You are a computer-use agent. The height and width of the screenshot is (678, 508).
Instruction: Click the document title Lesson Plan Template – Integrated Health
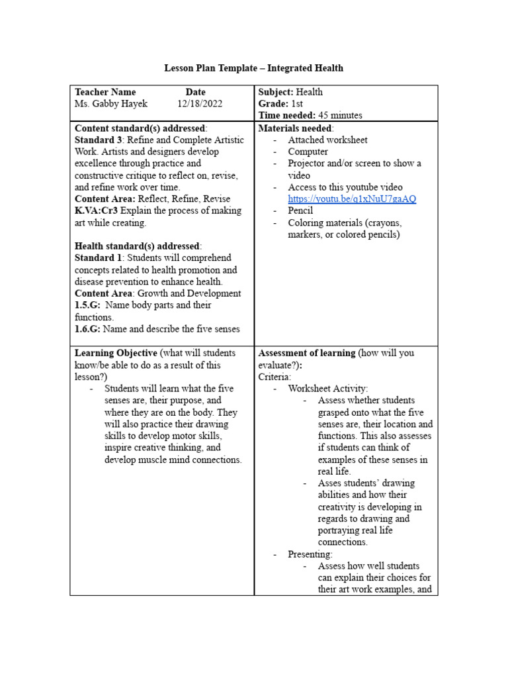pos(254,68)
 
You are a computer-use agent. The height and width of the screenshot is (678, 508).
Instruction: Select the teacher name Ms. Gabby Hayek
pos(111,104)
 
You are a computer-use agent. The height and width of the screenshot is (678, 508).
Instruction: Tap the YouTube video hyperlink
pos(352,199)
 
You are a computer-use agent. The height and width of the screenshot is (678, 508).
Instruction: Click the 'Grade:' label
pos(273,104)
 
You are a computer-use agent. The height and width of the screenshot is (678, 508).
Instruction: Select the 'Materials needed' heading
pos(295,128)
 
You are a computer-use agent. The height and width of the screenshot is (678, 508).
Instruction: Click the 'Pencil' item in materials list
pos(300,211)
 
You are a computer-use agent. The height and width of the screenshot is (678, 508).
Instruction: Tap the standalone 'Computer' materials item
pos(308,152)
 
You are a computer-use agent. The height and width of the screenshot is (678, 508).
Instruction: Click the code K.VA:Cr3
pos(97,211)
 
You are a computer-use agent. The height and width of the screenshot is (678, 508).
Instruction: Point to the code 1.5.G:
pos(88,305)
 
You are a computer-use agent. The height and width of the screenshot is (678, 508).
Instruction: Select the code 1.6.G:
pos(88,329)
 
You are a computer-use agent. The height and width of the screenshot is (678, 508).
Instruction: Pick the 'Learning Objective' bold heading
pos(116,353)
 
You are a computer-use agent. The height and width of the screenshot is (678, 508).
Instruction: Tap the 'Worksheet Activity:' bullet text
pos(328,389)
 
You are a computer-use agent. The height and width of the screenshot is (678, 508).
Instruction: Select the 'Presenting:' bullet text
pos(310,554)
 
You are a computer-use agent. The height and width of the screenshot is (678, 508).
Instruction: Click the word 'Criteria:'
pos(275,377)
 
